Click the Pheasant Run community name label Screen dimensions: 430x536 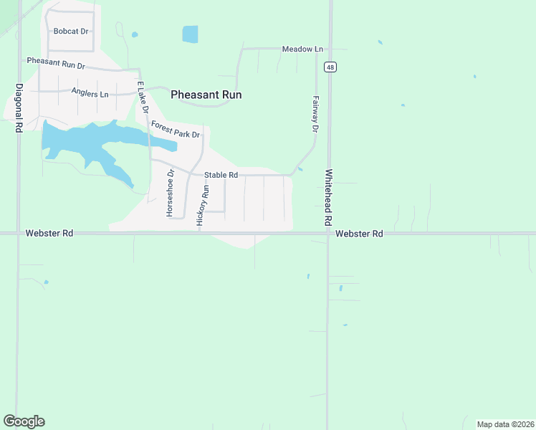pos(206,95)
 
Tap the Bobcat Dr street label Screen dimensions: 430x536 pos(70,32)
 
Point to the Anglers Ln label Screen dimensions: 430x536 pos(90,93)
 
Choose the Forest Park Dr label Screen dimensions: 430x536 pos(175,130)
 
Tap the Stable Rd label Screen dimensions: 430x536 pos(221,175)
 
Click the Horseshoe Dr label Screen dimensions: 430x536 pos(170,193)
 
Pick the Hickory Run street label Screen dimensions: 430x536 pos(203,206)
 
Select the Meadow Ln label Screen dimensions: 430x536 pos(302,49)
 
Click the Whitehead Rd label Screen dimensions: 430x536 pos(329,197)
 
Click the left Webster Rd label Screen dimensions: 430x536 pos(49,234)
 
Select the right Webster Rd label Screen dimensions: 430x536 pos(359,234)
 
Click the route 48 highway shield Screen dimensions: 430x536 pos(330,67)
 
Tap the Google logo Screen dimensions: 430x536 pos(24,421)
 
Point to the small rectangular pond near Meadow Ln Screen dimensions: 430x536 pos(190,34)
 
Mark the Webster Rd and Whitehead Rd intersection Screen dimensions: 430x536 pos(328,233)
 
